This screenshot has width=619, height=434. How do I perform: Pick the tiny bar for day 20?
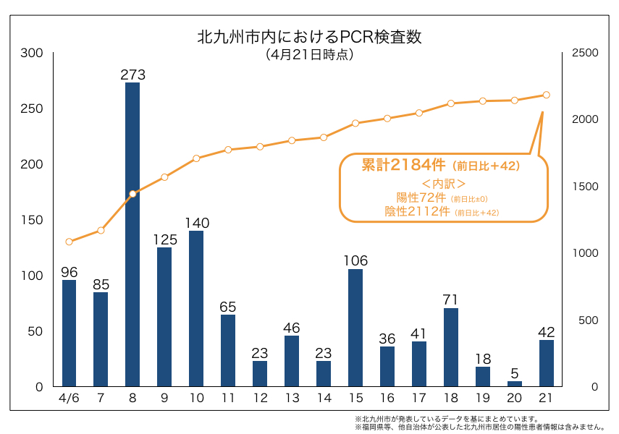(x=515, y=383)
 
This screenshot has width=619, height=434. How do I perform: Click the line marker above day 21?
(x=547, y=95)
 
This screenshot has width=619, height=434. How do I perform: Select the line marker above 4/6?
(x=70, y=242)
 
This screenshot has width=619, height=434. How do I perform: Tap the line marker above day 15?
(x=355, y=123)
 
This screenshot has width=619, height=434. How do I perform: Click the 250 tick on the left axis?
(x=33, y=109)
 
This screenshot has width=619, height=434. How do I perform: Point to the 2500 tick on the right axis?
(x=584, y=53)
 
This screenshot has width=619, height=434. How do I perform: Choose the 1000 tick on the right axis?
(x=584, y=253)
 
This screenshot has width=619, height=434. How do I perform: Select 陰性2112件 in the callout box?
(x=418, y=211)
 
